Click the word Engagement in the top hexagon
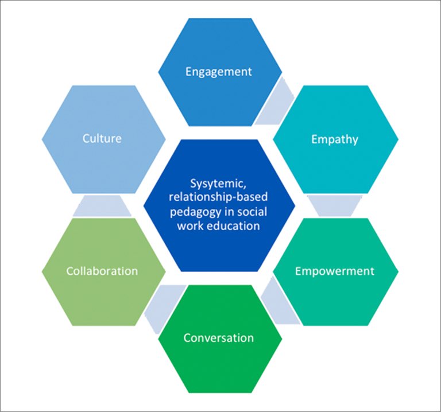pos(218,72)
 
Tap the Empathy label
pos(334,139)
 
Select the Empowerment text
pos(334,271)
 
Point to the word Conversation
pos(218,337)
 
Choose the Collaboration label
pos(102,271)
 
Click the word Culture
pos(102,138)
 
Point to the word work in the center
pos(189,226)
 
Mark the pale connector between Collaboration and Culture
pos(102,205)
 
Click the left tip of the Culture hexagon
pos(43,139)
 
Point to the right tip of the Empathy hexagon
pos(397,139)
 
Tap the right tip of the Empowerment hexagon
pos(397,271)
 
